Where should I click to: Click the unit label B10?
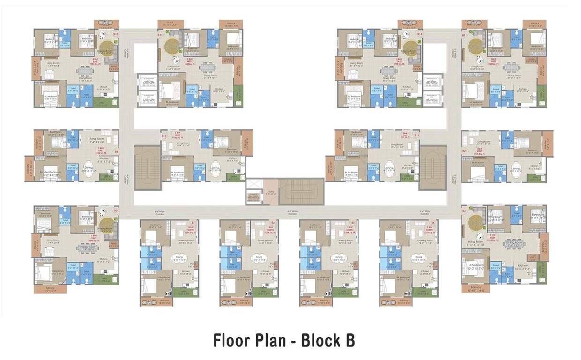115,34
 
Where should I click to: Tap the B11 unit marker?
160,35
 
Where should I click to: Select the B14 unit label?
420,34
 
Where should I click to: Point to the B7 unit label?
193,222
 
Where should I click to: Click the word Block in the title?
320,340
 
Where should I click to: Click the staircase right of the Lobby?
301,191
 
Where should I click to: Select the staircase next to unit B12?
148,167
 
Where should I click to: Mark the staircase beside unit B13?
432,167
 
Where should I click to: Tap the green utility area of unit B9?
107,178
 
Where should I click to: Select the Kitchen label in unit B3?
522,265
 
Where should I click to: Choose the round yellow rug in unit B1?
476,45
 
